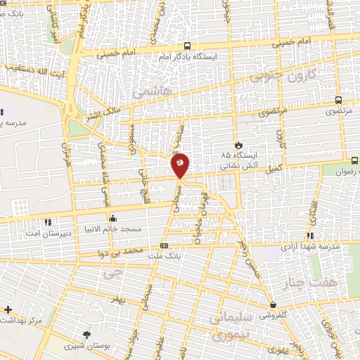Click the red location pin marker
[x=180, y=165]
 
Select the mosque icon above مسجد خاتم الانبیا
[x=112, y=218]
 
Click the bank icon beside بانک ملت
[x=165, y=245]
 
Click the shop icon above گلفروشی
[x=273, y=305]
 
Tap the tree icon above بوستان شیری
[x=86, y=335]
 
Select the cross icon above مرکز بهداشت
[x=8, y=309]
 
